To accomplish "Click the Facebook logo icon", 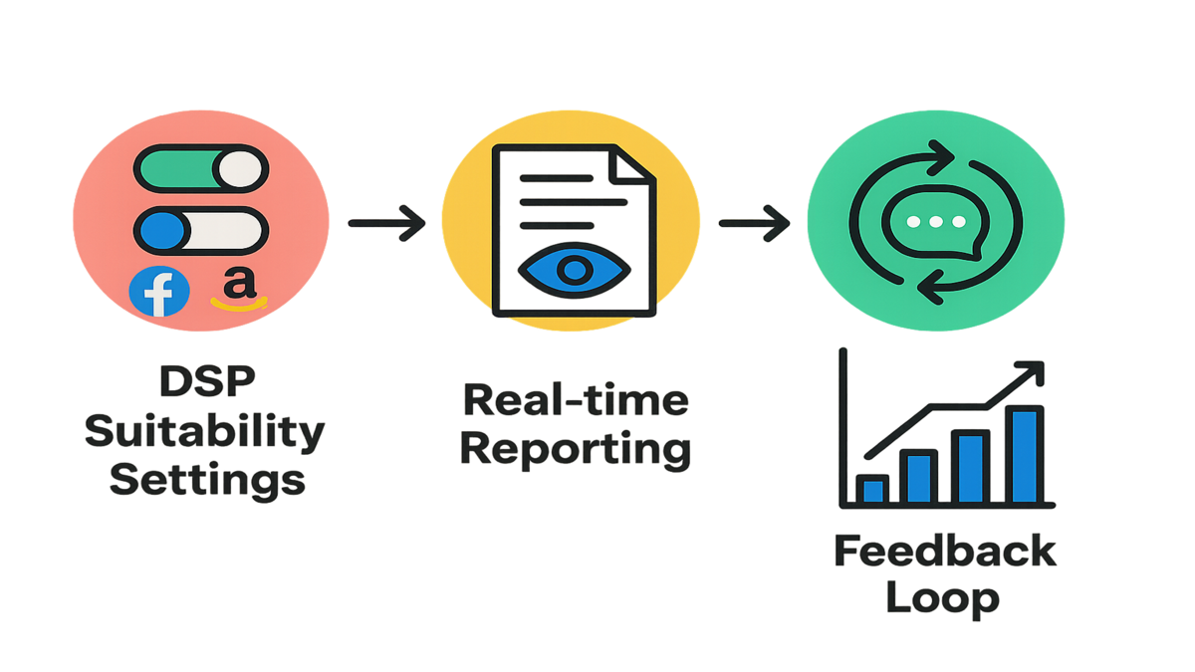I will tap(159, 291).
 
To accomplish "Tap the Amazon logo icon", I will tap(236, 289).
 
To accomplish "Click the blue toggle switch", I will tap(201, 230).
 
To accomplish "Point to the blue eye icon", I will tap(576, 269).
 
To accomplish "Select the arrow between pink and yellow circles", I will tap(386, 221).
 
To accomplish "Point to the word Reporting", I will tap(577, 449).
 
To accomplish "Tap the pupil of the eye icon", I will tap(576, 269).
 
